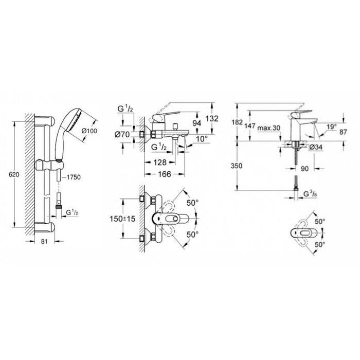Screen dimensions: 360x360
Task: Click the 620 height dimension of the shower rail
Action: pos(14,175)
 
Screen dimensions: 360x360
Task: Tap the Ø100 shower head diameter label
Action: pos(89,131)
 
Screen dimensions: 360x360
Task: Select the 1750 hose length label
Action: pos(74,177)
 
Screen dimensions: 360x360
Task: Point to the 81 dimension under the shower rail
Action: pos(44,241)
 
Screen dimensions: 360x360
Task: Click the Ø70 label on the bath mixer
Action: pos(122,135)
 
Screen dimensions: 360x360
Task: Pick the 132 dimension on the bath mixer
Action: pos(212,119)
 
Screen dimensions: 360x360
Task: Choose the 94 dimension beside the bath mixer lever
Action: pos(197,123)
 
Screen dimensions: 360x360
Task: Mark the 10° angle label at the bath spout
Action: pos(202,139)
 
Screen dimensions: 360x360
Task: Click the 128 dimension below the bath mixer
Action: pos(160,163)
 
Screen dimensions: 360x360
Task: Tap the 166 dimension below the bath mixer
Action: pos(165,174)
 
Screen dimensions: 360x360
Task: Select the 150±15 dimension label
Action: pos(122,219)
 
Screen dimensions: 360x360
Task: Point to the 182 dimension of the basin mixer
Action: pos(237,122)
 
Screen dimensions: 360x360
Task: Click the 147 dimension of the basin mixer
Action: pos(250,126)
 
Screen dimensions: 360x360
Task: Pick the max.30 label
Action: pos(269,128)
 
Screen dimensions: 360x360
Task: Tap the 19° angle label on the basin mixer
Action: pos(332,127)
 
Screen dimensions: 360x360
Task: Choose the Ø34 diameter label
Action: pos(316,148)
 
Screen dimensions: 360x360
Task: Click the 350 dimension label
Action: pos(236,166)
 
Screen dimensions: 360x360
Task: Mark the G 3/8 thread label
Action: pos(311,194)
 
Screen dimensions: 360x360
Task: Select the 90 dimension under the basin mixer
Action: pos(304,169)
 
